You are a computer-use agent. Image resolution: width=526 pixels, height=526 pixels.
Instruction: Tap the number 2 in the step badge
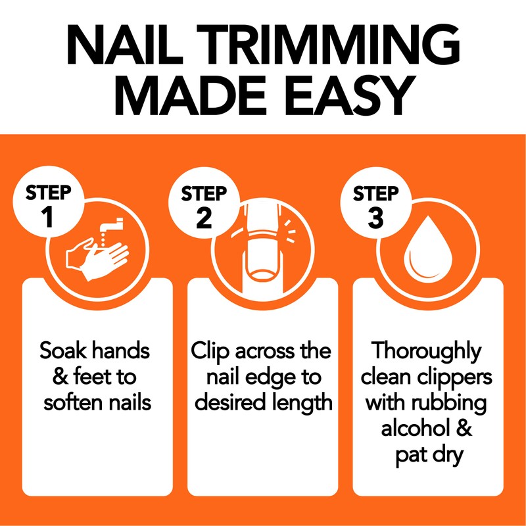click(x=204, y=217)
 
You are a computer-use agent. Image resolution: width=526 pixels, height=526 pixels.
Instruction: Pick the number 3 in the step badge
click(x=375, y=217)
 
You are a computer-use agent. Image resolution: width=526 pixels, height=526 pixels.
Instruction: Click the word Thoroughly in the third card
click(x=428, y=351)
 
